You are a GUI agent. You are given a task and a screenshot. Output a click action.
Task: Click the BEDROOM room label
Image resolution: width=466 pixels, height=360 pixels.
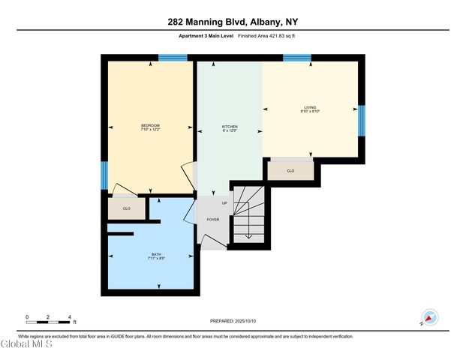(150, 125)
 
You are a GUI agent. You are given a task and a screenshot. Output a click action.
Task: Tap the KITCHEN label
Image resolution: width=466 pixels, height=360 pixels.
(230, 127)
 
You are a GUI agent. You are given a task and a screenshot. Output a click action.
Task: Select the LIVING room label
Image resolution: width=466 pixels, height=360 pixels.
(311, 107)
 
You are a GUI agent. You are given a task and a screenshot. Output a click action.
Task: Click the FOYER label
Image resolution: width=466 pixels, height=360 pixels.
(213, 220)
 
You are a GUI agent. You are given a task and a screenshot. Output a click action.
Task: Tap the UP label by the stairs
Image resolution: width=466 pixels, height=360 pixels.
(224, 203)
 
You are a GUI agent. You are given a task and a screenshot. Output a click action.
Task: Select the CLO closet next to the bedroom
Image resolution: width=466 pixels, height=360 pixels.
(126, 208)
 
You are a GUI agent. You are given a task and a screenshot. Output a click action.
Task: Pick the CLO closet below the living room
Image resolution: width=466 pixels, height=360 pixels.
(290, 170)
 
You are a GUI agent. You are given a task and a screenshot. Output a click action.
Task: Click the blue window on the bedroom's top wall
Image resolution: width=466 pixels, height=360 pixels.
(173, 57)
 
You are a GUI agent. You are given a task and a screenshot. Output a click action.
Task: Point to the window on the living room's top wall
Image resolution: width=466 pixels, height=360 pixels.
(297, 57)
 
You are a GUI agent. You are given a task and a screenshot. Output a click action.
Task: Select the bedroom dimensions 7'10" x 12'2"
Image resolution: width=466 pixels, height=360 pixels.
(150, 130)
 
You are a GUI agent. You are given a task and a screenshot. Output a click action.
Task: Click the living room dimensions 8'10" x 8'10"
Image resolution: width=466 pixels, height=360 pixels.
(311, 112)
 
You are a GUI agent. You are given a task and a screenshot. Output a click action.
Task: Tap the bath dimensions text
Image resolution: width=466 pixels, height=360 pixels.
(155, 259)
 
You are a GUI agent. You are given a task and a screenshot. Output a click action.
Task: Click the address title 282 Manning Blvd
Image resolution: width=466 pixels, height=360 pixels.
(233, 22)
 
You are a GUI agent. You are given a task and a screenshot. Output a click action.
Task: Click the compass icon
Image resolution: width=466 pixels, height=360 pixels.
(431, 317)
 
